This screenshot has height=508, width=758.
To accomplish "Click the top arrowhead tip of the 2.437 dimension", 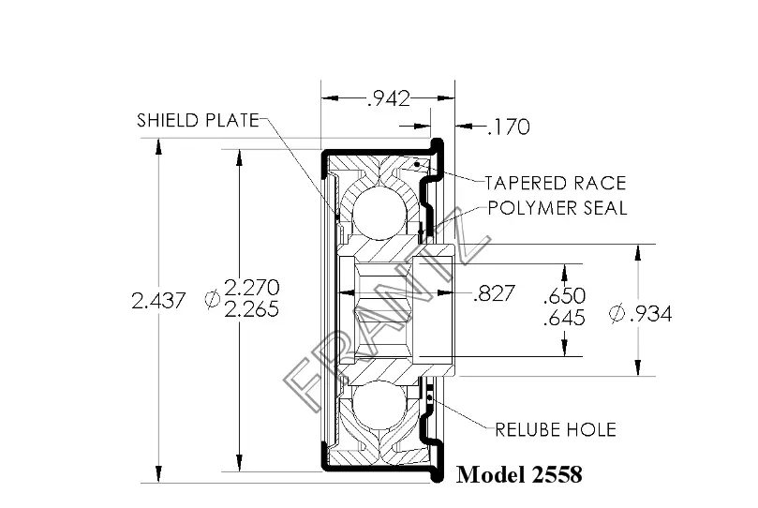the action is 158,140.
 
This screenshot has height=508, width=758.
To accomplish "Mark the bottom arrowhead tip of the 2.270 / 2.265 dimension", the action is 239,471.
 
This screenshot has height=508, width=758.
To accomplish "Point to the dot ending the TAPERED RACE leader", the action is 417,165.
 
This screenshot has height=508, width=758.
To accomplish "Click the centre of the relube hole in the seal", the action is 430,397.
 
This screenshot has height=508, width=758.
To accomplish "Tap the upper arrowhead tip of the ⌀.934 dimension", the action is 638,245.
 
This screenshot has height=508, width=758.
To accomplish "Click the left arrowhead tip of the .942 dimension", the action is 322,98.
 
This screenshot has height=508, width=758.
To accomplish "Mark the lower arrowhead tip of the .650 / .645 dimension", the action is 564,356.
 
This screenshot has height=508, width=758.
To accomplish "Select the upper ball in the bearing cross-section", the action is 379,215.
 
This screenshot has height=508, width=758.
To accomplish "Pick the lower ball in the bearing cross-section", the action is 379,405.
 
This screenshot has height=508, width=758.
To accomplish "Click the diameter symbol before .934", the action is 617,314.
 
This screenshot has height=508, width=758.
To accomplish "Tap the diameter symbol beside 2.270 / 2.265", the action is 212,299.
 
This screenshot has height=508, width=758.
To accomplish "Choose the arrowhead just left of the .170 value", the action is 464,127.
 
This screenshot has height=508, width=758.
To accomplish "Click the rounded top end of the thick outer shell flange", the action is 437,143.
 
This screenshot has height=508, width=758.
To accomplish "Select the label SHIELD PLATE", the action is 199,120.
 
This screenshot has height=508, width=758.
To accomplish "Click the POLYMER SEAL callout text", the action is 557,208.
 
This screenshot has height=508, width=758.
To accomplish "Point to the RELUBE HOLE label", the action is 556,429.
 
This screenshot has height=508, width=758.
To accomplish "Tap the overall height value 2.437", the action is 158,301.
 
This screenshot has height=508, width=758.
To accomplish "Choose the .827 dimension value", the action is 495,293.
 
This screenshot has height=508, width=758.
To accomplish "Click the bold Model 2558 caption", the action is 519,474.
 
